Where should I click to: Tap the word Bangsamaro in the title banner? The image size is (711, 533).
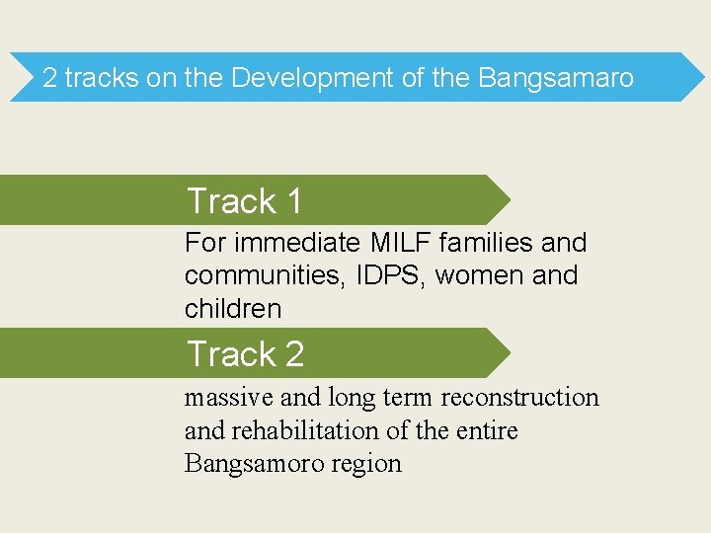(x=556, y=78)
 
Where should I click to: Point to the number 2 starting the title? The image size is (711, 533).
(x=50, y=78)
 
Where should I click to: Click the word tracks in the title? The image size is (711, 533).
(x=102, y=78)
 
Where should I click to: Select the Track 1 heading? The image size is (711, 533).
(x=244, y=201)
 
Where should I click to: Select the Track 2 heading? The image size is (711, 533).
(x=245, y=353)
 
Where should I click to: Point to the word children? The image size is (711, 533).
(x=233, y=309)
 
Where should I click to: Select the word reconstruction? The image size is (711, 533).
(x=519, y=397)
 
